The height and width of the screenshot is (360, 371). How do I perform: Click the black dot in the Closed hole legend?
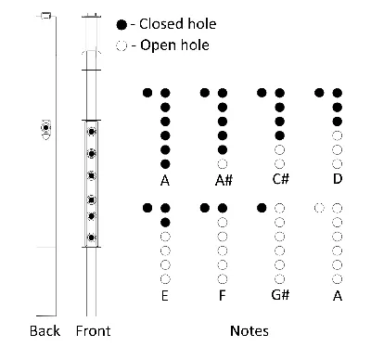[122, 24]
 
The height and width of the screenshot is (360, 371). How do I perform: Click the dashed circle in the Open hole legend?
[122, 45]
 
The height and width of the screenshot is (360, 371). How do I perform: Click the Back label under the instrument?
[45, 331]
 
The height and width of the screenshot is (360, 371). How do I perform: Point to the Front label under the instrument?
[93, 331]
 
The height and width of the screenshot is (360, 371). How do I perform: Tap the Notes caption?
[249, 331]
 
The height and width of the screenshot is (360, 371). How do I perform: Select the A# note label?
[224, 180]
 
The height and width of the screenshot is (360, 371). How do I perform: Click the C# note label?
[281, 179]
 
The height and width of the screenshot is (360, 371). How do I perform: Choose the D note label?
[338, 179]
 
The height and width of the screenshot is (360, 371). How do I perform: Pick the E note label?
[165, 296]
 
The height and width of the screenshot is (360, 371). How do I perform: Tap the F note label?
[222, 296]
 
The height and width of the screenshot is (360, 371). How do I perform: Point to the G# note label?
[280, 295]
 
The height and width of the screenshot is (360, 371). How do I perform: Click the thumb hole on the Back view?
[45, 127]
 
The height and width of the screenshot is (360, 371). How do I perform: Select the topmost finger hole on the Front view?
[91, 132]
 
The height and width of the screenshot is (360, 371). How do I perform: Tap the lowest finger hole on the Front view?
[91, 238]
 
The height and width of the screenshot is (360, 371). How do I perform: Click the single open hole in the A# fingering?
[223, 163]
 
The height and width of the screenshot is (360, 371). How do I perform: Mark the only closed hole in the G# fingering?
[262, 208]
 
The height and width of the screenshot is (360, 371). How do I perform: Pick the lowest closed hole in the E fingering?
[165, 222]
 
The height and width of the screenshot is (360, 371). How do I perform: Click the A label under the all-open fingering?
[338, 296]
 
